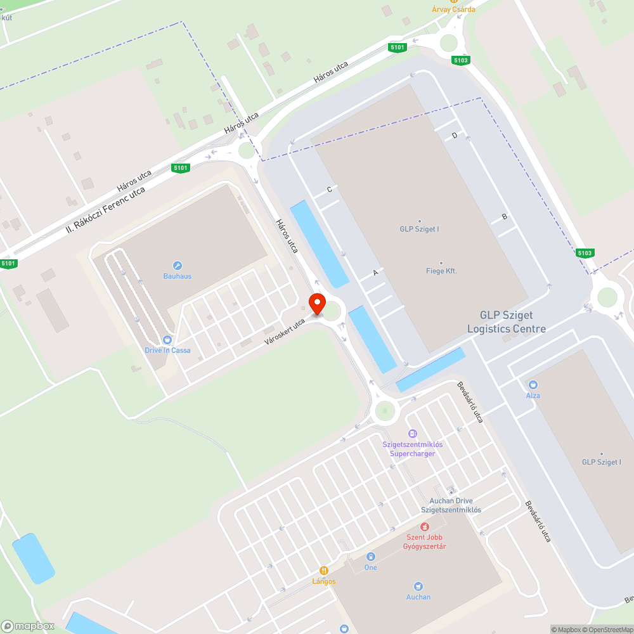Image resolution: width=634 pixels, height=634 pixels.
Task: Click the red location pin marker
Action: point(317,304)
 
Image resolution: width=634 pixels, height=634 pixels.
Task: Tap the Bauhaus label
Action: point(177,276)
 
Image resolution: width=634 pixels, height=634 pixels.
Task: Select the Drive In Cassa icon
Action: point(167,340)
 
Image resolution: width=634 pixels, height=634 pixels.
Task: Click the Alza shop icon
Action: point(533,384)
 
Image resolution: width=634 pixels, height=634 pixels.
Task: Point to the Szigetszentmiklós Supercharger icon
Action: point(413,434)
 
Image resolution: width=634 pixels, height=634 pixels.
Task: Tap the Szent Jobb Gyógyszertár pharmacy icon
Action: point(425,527)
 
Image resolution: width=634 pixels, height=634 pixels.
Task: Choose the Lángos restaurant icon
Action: point(324,571)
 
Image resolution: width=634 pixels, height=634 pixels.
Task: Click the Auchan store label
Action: point(418,597)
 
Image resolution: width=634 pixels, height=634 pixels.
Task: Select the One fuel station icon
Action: point(371,557)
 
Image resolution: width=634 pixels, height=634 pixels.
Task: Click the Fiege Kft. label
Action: point(441,271)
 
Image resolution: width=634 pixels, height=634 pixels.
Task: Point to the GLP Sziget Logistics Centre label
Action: point(506,322)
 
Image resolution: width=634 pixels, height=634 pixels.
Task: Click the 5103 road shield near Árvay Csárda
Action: point(461,60)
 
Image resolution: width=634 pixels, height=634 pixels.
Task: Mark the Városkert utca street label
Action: point(285,332)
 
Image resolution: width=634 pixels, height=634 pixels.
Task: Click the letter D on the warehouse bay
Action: point(454,136)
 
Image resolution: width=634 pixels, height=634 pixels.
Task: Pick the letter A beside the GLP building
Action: point(375,273)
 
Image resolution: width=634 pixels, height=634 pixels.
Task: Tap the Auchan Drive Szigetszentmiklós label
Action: point(451,505)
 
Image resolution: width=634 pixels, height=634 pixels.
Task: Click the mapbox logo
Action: point(27,626)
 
